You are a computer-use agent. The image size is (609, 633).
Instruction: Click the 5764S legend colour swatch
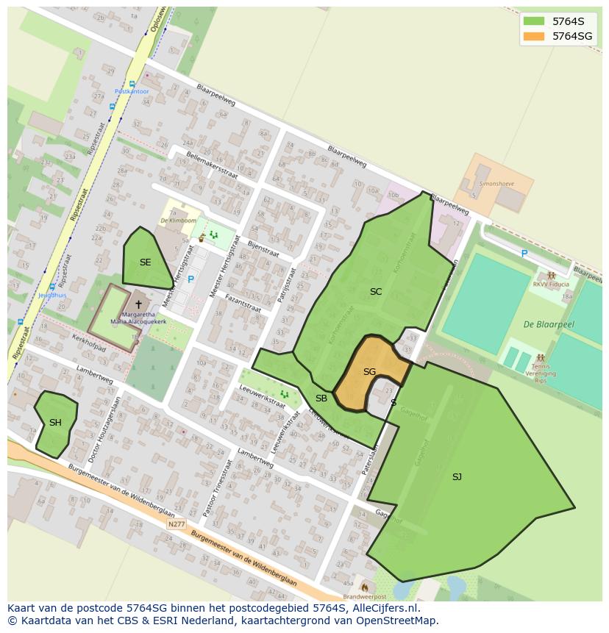[x=534, y=22]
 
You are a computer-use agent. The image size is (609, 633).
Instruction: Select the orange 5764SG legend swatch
[x=534, y=36]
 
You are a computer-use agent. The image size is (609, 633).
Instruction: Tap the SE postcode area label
[x=145, y=262]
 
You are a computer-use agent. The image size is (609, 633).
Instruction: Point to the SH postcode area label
[x=55, y=423]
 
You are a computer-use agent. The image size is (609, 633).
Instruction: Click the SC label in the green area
[x=376, y=292]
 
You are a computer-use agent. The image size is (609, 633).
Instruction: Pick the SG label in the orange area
[x=369, y=372]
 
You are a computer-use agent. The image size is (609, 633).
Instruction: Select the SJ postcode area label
[x=457, y=477]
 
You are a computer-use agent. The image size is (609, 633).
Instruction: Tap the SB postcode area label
[x=321, y=398]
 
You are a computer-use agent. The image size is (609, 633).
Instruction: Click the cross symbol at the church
[x=138, y=304]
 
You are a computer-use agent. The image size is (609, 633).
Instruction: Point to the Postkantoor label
[x=132, y=91]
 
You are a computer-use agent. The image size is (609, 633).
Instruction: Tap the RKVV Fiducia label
[x=552, y=285]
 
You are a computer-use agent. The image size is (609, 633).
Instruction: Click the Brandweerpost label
[x=364, y=596]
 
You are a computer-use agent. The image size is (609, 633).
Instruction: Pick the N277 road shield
[x=177, y=524]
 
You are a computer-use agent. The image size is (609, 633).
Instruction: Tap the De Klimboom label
[x=180, y=221]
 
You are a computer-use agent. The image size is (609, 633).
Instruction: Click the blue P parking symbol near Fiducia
[x=524, y=254]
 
